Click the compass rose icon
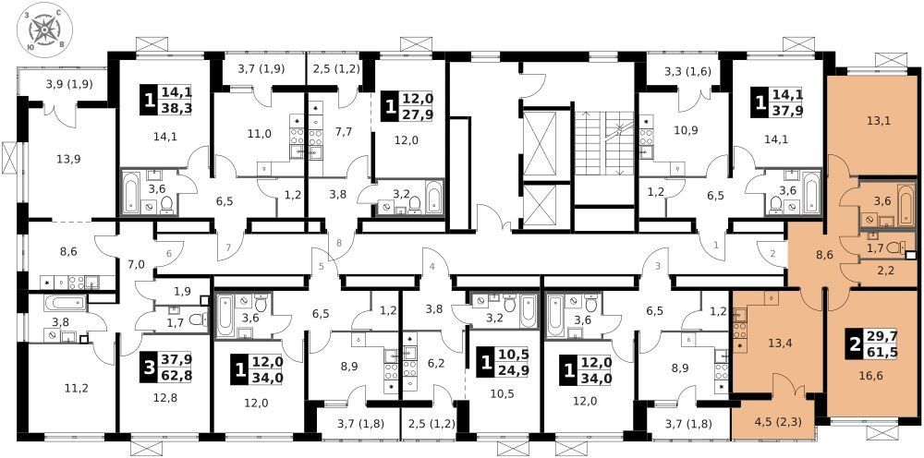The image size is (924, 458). click(x=44, y=30)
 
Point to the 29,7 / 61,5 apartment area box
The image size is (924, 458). click(x=871, y=345)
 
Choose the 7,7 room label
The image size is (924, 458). click(x=343, y=131)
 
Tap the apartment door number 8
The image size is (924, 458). click(x=339, y=242)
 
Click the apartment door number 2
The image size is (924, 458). click(x=772, y=254)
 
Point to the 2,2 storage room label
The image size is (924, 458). click(x=873, y=271)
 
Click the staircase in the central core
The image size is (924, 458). click(x=604, y=142)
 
